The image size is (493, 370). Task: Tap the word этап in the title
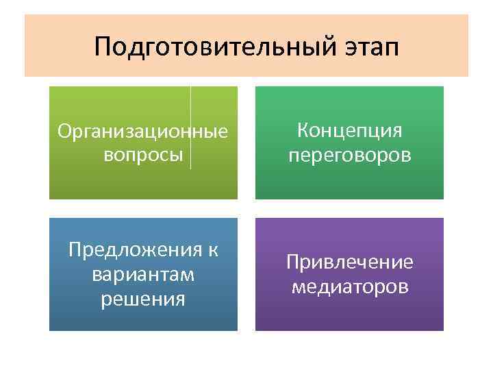(x=366, y=48)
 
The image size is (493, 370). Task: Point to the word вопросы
(x=143, y=155)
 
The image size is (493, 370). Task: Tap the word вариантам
(x=143, y=274)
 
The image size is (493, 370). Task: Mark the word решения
(x=143, y=299)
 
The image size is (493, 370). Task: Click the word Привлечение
(x=349, y=262)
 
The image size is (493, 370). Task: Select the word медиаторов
(x=349, y=286)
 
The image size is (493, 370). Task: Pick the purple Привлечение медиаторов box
(x=349, y=315)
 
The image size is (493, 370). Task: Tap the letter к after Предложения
(x=213, y=250)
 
